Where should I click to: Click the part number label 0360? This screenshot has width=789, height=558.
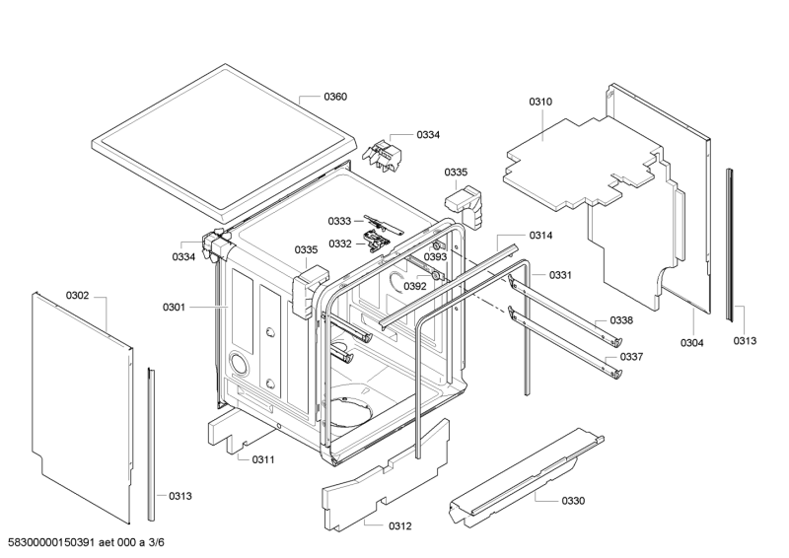tap(335, 97)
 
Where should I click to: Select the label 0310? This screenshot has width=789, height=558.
tap(540, 102)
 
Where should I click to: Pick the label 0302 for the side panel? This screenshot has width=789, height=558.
tap(78, 295)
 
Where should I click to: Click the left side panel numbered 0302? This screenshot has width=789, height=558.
tap(84, 404)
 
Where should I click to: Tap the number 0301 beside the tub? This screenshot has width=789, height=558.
tap(174, 308)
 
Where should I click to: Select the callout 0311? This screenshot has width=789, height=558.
tap(263, 459)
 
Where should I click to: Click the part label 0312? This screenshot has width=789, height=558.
tap(399, 525)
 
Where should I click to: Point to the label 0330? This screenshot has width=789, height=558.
tap(573, 501)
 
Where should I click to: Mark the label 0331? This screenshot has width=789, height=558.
tap(561, 274)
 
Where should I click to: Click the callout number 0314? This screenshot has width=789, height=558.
tap(540, 235)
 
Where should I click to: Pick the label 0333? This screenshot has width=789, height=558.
tap(339, 221)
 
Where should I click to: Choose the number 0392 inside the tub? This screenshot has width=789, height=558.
tap(415, 286)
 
